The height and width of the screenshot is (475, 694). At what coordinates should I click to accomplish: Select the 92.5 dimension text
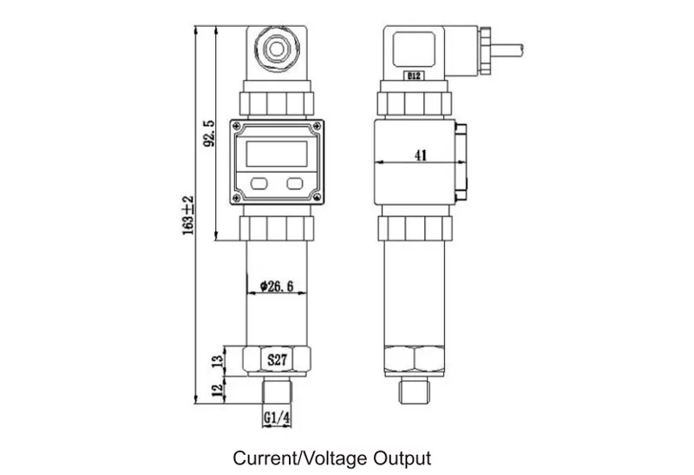[208, 132]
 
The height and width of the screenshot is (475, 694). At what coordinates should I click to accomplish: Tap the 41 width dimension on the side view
[421, 155]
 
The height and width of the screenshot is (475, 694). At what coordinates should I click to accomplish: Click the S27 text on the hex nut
[276, 358]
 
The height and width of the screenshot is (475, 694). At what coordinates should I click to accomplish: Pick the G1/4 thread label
[276, 418]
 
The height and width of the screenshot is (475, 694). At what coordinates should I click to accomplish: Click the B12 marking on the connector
[414, 76]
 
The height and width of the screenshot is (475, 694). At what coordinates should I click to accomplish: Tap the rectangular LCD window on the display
[276, 155]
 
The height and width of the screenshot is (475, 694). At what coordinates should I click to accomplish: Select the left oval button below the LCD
[258, 183]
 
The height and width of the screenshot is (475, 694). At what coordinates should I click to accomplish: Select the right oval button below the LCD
[295, 183]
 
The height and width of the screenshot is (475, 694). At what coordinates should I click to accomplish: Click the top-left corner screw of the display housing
[236, 127]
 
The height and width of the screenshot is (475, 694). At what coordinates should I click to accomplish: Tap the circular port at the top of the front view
[276, 48]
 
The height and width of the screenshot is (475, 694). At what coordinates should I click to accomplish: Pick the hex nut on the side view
[415, 358]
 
